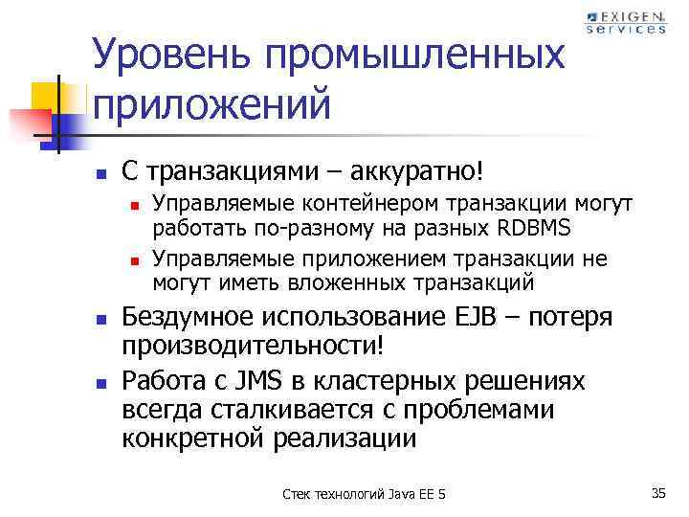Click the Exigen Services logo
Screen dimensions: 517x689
(x=625, y=22)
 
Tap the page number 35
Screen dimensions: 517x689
(x=657, y=493)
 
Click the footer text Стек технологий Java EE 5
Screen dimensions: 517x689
(x=365, y=494)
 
